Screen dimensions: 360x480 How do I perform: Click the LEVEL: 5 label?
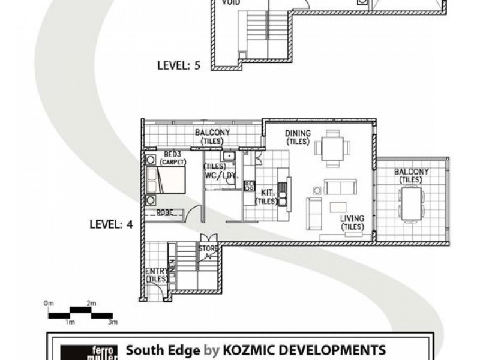click(178, 66)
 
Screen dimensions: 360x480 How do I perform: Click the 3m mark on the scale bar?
click(112, 323)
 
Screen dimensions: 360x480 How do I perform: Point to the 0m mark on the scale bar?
click(49, 304)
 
